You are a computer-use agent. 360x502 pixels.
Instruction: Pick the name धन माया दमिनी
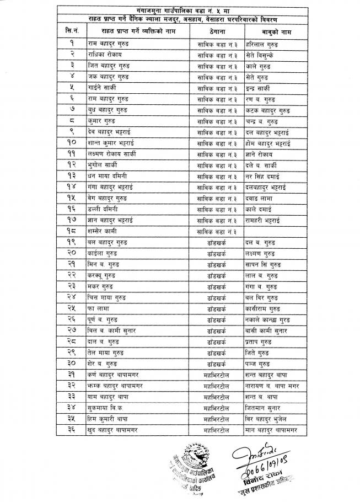coord(108,177)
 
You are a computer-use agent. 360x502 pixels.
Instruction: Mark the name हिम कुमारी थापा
coord(109,420)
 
